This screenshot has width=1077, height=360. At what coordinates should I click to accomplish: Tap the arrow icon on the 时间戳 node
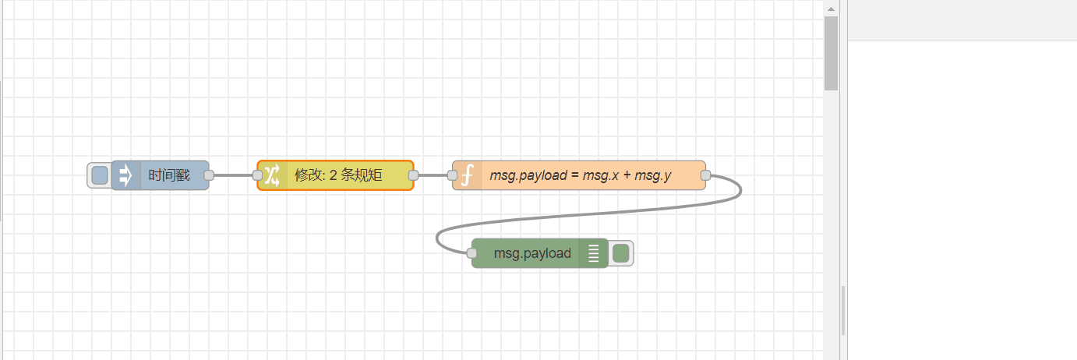[125, 175]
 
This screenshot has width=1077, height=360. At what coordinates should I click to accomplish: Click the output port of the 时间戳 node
[209, 175]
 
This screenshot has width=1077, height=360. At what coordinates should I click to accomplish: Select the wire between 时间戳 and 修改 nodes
[232, 175]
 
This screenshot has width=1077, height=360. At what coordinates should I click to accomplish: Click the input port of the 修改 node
[257, 175]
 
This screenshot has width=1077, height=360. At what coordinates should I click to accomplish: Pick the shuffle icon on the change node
[271, 175]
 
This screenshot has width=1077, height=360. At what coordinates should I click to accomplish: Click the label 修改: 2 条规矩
[338, 175]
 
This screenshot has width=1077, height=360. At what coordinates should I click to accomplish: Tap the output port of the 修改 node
[413, 175]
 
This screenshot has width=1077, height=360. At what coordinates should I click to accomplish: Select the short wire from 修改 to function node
[433, 175]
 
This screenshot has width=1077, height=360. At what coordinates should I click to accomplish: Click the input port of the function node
[452, 175]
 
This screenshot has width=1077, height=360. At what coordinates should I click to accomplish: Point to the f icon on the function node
[467, 175]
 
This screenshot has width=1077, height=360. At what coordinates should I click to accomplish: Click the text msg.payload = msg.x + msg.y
[580, 175]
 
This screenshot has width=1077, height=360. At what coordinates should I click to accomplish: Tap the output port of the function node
[705, 175]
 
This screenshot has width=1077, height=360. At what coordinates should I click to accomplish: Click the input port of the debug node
[471, 253]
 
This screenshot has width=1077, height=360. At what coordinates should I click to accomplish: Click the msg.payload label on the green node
[532, 253]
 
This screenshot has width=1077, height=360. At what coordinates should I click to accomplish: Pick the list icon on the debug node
[594, 253]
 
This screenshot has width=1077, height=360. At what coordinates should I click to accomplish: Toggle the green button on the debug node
[620, 253]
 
